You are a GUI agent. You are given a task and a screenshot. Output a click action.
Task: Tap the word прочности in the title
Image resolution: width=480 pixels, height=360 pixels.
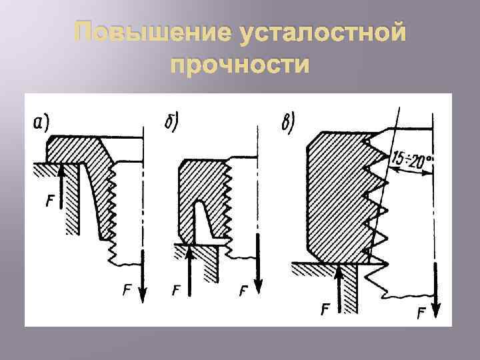coord(240,65)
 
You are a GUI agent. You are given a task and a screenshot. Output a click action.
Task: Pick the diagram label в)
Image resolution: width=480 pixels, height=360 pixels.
coord(289,123)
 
